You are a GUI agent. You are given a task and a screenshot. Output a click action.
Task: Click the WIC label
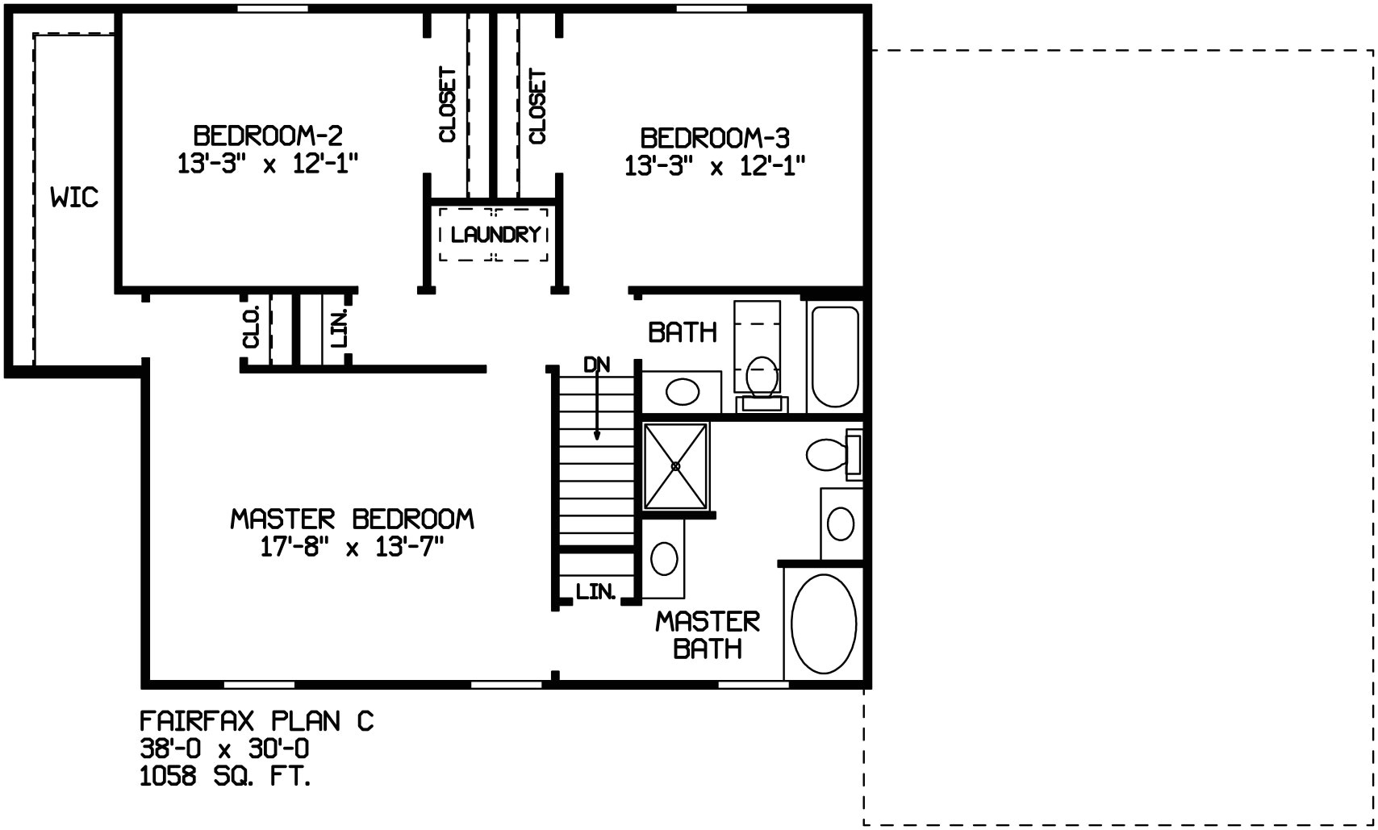tap(74, 198)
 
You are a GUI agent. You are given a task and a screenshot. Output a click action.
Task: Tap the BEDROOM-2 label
tap(268, 136)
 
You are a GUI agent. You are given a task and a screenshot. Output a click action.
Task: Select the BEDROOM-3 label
tap(715, 139)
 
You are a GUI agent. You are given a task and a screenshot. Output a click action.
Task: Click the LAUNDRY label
tap(495, 234)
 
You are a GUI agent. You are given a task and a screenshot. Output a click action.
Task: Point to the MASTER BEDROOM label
tap(353, 519)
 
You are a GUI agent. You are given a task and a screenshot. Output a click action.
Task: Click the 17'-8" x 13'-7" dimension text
tap(353, 547)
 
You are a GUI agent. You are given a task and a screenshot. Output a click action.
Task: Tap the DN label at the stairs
tap(596, 365)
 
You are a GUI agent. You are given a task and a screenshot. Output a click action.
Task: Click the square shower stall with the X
tap(675, 466)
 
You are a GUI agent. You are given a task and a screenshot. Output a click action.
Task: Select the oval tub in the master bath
tap(823, 624)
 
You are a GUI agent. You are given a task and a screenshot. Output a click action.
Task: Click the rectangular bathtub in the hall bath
tap(835, 357)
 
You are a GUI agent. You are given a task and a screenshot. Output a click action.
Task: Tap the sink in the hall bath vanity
tap(683, 391)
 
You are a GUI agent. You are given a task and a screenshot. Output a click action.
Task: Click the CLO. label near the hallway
tap(253, 327)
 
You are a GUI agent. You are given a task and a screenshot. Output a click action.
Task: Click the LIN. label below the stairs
tap(595, 591)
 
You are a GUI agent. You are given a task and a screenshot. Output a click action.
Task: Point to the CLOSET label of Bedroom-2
tap(448, 105)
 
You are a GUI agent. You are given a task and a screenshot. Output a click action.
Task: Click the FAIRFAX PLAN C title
tap(257, 720)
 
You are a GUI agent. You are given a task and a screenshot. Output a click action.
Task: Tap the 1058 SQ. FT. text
tap(224, 777)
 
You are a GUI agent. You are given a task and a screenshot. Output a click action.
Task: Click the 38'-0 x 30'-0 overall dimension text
tap(224, 749)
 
